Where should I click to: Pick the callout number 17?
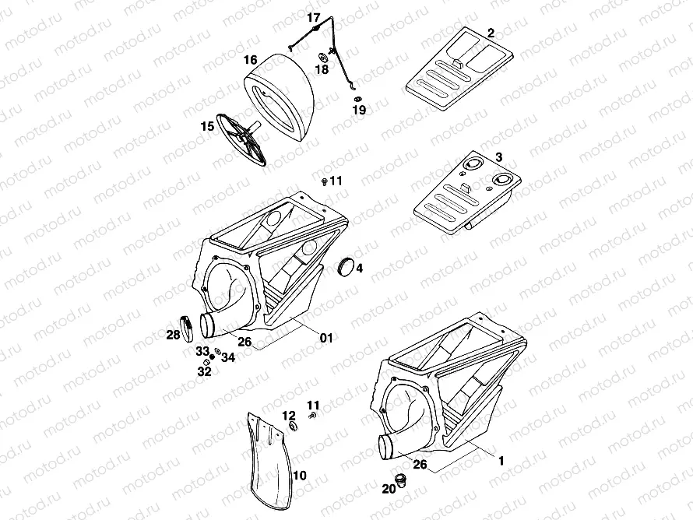coord(314,17)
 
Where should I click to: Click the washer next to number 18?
coord(321,57)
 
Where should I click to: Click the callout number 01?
coord(326,338)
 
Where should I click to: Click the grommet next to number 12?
coord(294,427)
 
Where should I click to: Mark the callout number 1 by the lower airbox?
coord(501,460)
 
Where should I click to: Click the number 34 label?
coord(228,357)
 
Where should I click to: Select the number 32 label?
coord(204,372)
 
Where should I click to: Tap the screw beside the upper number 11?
coord(323,181)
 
